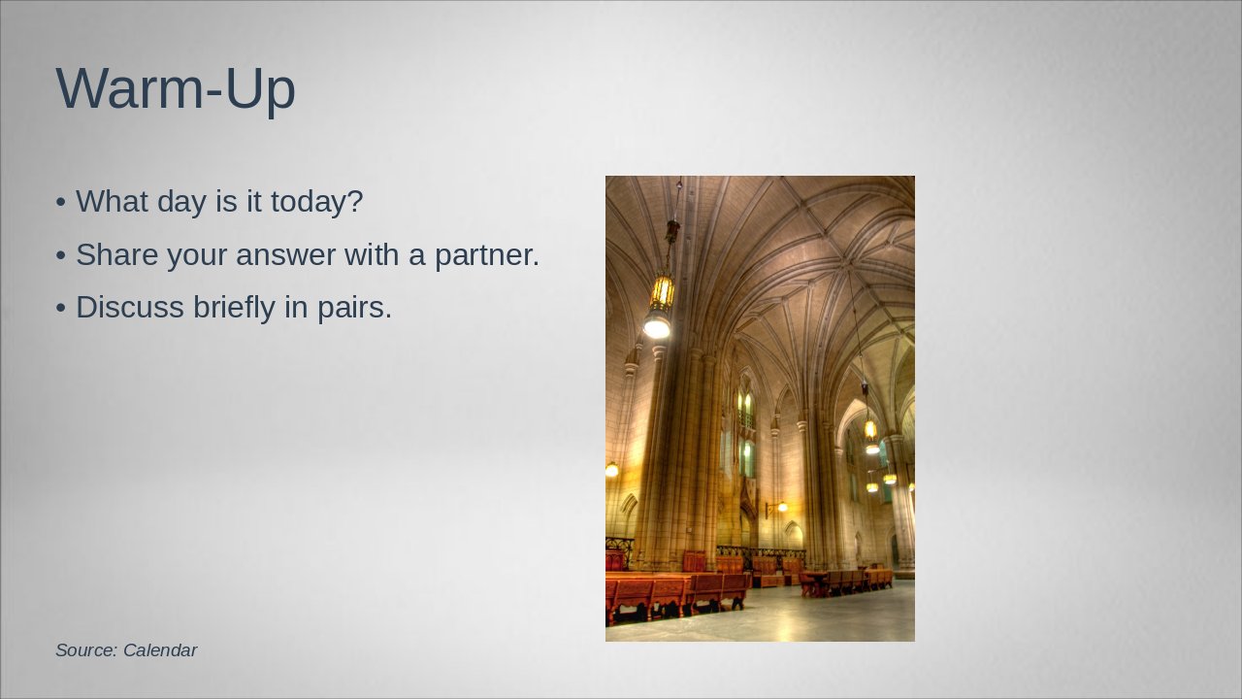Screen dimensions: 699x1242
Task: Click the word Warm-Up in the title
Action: tap(176, 88)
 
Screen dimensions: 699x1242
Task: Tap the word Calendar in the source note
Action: tap(160, 650)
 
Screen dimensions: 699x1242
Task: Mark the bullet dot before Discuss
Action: tap(61, 309)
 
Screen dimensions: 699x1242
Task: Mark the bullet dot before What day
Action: tap(61, 203)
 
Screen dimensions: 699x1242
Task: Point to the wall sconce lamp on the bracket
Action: tap(780, 507)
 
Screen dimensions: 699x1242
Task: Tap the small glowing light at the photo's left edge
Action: tap(611, 470)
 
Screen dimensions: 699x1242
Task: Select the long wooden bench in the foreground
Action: tap(670, 594)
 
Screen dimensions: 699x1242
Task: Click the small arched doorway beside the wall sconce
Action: tap(793, 534)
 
